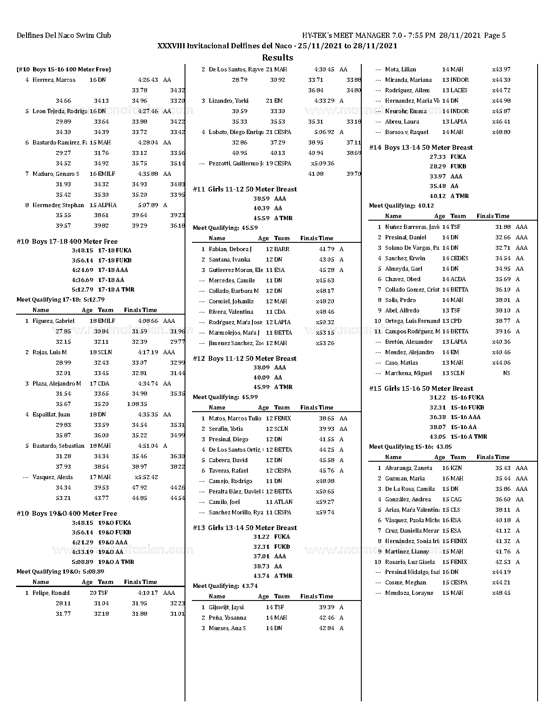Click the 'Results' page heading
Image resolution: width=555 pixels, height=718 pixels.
click(x=277, y=57)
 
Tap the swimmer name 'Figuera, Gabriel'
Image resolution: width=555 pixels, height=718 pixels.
click(x=54, y=321)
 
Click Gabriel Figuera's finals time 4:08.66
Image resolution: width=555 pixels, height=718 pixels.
click(x=148, y=321)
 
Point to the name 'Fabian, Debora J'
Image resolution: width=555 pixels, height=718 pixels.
click(x=230, y=249)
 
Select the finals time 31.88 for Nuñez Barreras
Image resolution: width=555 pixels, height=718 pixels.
click(x=503, y=227)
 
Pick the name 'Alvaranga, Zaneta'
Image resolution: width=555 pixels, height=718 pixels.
click(x=408, y=468)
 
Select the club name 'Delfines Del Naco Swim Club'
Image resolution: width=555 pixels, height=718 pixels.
click(x=64, y=36)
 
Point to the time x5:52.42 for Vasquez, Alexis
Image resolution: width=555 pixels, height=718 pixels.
click(x=146, y=477)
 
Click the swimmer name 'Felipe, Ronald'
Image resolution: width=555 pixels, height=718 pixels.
click(x=51, y=593)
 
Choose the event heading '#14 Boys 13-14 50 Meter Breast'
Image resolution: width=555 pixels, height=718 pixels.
click(x=420, y=147)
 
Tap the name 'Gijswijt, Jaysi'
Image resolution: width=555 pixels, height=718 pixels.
click(x=226, y=607)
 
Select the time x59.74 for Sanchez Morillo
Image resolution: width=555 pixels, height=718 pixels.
click(x=325, y=512)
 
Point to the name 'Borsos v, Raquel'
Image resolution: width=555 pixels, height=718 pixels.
click(x=407, y=132)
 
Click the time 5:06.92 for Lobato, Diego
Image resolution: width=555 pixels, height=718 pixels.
click(x=324, y=132)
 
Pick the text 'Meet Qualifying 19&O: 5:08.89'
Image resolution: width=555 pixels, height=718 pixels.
click(x=61, y=571)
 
